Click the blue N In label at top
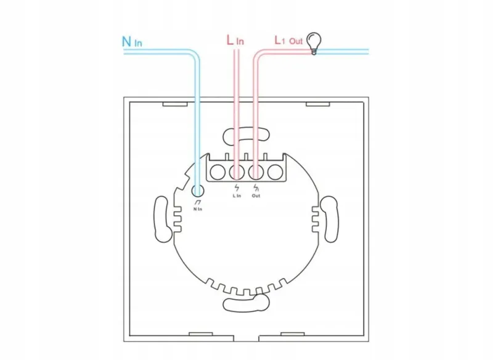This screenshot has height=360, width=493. point(132,41)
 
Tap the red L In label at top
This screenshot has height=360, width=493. point(235,40)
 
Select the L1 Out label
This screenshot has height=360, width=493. point(288,40)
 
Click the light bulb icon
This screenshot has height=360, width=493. point(314,43)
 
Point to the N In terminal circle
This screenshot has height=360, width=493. point(197,190)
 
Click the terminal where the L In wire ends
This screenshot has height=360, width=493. point(237,173)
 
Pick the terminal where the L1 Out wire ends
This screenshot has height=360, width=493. point(256,173)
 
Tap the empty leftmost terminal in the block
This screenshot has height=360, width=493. point(218,173)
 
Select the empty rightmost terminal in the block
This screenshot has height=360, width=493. point(275,173)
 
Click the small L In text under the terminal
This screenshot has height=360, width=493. point(237,196)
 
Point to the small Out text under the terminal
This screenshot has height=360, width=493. point(256,196)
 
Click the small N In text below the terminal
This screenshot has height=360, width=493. point(198,209)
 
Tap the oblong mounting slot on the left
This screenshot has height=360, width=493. point(163,219)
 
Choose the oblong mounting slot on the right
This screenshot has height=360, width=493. point(329,219)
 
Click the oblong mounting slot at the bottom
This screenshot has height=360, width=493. point(246,303)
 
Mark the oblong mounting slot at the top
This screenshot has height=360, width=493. point(246,136)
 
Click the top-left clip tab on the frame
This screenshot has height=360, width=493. point(175,104)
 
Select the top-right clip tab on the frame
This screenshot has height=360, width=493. point(318,104)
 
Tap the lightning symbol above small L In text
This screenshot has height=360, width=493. point(237,187)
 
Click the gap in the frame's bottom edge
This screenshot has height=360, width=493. point(246,338)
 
